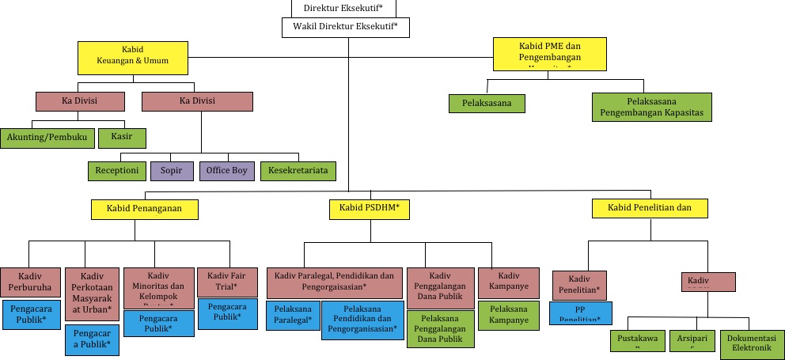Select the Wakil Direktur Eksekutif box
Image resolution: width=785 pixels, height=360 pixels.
[345, 28]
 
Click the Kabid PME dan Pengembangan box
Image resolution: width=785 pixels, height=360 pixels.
[550, 53]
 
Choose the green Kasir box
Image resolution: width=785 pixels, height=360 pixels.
[123, 137]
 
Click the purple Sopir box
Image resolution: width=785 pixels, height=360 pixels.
[171, 170]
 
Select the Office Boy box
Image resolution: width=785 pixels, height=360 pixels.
[227, 170]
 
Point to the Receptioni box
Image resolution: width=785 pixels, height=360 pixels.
[117, 170]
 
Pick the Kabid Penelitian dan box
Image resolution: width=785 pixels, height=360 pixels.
[650, 208]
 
